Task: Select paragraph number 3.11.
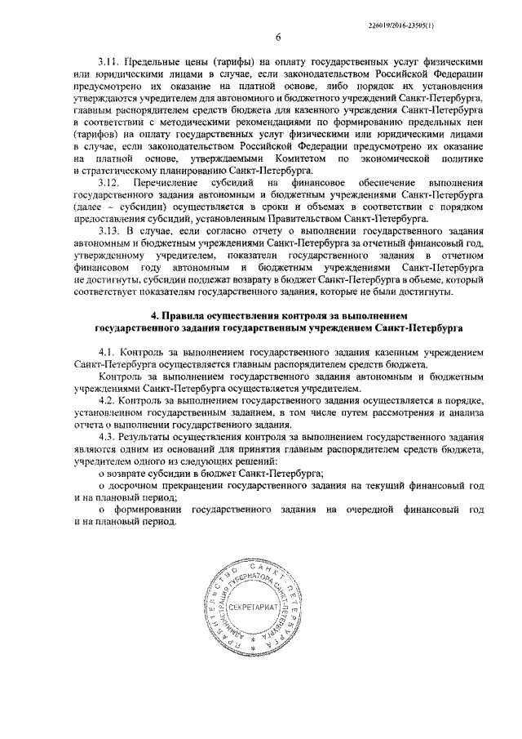coord(110,61)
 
